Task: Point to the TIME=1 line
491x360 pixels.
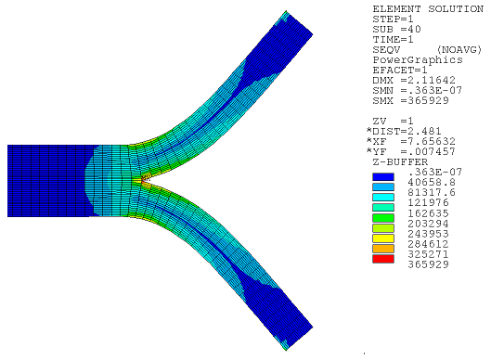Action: (390, 40)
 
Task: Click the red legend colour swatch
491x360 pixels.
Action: (383, 261)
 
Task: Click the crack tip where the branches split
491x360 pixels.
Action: (137, 180)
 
